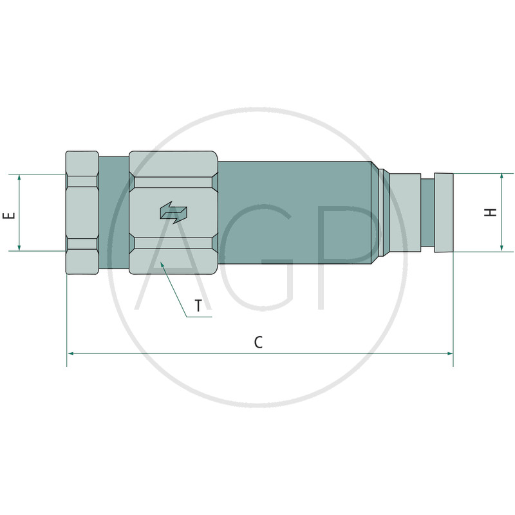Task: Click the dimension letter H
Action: (491, 212)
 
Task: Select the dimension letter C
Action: (259, 342)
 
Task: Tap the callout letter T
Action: (198, 306)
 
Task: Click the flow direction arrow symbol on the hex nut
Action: (173, 212)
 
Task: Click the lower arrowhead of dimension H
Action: (501, 248)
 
